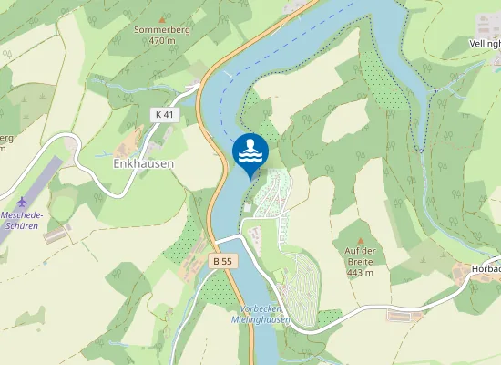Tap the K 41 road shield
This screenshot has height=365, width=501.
[x=162, y=114]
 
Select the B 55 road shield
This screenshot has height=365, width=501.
[x=222, y=261]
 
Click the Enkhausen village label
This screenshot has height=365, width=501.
[x=142, y=164]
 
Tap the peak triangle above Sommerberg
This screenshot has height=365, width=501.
[x=162, y=18]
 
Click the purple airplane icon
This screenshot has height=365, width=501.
[x=23, y=201]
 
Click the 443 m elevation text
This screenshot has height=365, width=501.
[x=361, y=273]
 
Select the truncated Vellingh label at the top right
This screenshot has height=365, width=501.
[x=482, y=43]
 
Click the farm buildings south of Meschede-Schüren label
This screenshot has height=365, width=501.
[x=56, y=236]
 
